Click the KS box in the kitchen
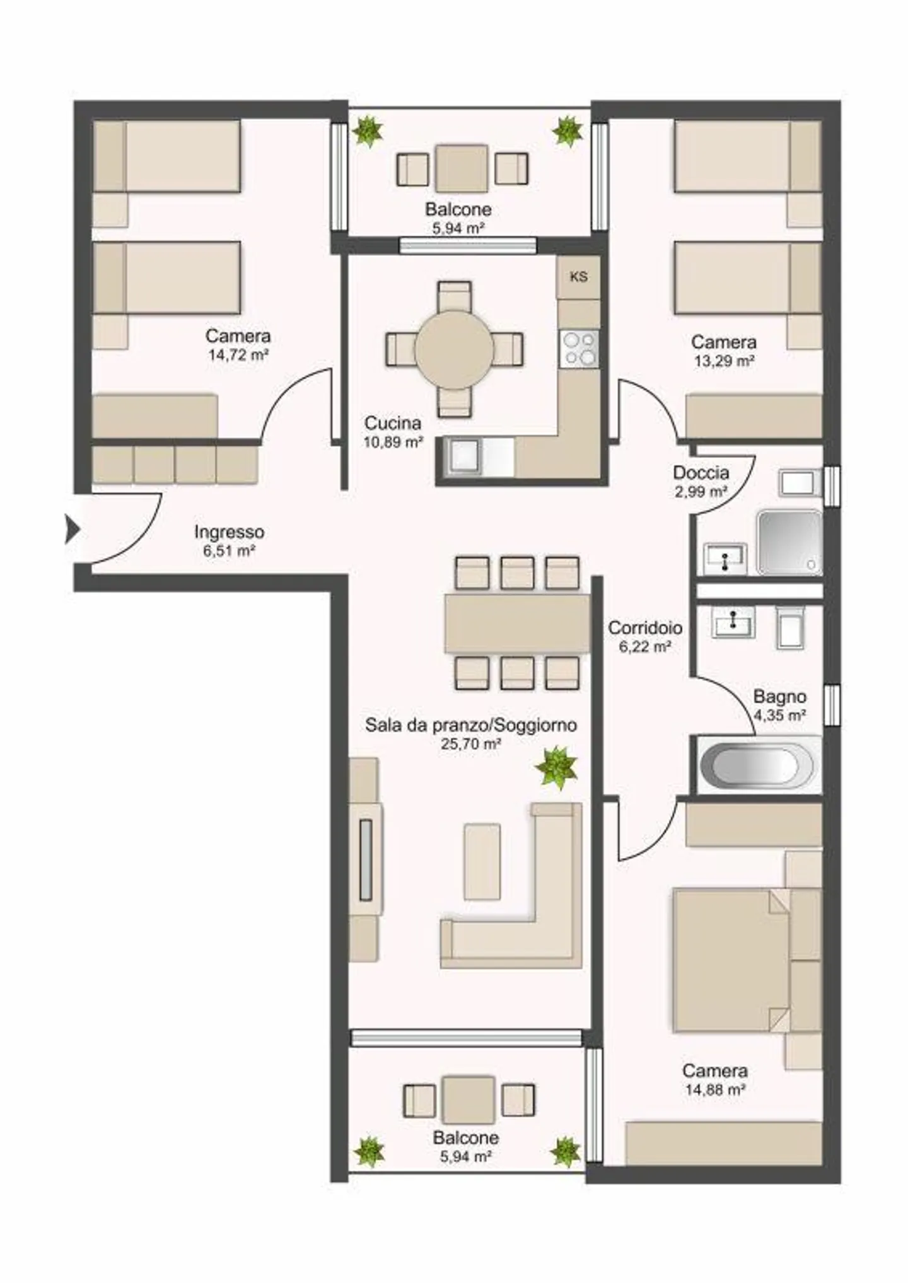(578, 276)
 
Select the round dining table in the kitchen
(454, 349)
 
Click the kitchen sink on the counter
(463, 455)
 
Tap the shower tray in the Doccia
(789, 542)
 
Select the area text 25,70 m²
(471, 744)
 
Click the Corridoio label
(644, 628)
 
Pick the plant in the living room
(556, 767)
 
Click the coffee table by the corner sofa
(482, 861)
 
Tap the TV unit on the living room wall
(366, 859)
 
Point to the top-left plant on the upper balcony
(367, 131)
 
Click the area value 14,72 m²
(238, 355)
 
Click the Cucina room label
(392, 423)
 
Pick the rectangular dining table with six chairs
(517, 623)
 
